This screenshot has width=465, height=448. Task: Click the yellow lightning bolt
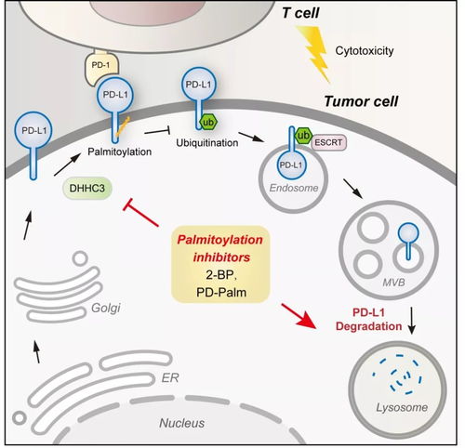[313, 53]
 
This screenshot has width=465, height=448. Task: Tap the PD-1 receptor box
[101, 67]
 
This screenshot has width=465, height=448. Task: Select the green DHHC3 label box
[87, 188]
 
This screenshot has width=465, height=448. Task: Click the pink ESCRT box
[328, 142]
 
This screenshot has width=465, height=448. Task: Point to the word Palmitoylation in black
[119, 152]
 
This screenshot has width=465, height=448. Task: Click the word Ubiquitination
[207, 143]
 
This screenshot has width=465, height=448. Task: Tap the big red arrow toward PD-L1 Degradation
[299, 316]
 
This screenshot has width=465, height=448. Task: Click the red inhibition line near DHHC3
[140, 213]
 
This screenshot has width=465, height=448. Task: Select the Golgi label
[106, 308]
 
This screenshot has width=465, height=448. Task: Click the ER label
[170, 377]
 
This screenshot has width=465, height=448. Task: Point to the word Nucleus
[182, 423]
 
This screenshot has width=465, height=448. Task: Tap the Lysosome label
[402, 408]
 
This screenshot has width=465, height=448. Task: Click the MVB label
[393, 283]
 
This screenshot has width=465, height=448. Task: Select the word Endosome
[294, 188]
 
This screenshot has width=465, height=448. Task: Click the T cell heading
[300, 13]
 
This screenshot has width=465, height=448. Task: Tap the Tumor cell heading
[361, 101]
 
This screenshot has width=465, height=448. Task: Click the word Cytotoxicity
[365, 51]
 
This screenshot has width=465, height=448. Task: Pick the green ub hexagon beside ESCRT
[302, 136]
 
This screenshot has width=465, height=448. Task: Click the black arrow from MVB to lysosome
[411, 321]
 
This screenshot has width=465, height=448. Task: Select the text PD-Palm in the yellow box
[221, 292]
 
